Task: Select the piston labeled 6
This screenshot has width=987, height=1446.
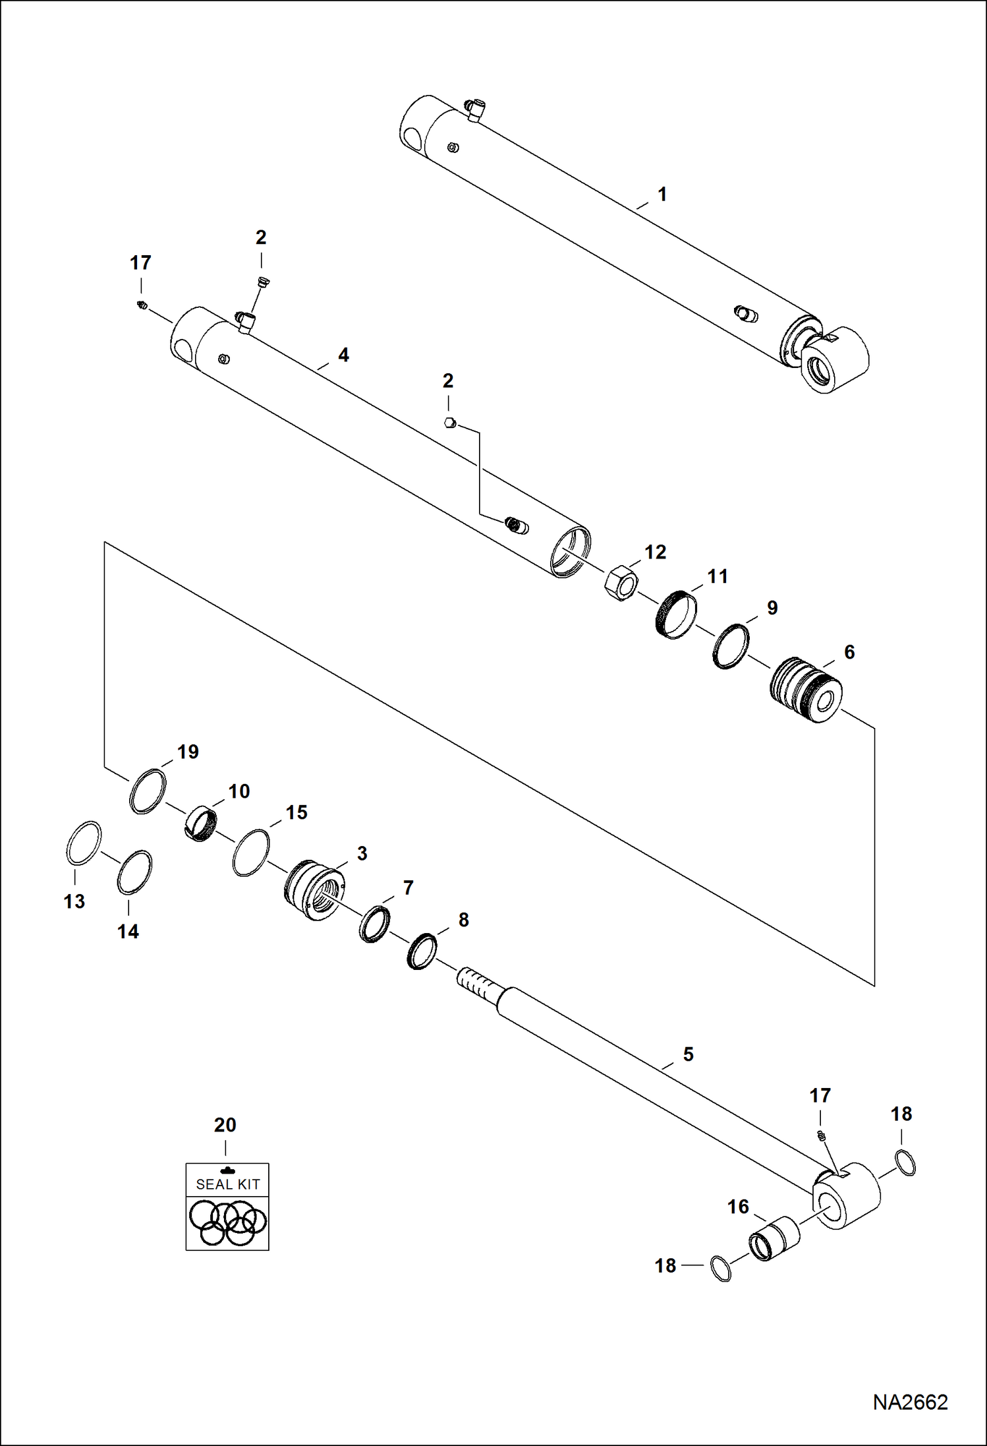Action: (805, 690)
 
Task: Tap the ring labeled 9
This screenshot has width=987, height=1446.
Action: (731, 646)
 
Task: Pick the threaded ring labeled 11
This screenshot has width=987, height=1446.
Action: (677, 615)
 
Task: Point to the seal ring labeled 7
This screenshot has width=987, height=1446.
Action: (374, 924)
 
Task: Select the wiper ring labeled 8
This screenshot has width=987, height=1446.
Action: (422, 951)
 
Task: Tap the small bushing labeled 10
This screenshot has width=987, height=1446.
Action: (200, 824)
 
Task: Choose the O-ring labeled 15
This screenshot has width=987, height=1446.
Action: (251, 853)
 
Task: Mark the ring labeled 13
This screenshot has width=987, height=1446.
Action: (84, 843)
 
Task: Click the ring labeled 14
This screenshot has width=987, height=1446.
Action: (134, 872)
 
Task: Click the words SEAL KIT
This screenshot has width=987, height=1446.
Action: (228, 1184)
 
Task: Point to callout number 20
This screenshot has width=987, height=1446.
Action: (225, 1125)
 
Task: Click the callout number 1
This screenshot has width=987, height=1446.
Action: (662, 195)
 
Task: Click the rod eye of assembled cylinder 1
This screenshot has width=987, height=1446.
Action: (833, 361)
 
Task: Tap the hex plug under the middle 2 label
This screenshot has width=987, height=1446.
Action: (451, 423)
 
